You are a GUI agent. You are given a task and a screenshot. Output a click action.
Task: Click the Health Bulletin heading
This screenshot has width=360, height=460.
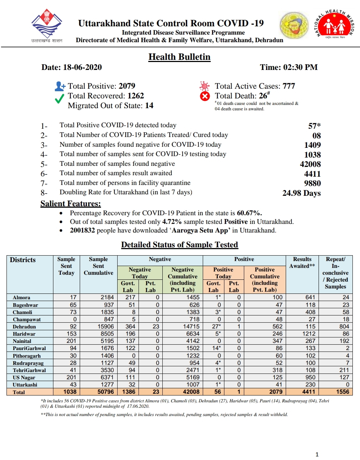(x=179, y=57)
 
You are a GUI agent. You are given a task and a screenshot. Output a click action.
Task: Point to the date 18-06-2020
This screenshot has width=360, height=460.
(x=82, y=67)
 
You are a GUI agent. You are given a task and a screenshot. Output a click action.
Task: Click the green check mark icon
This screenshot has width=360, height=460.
(x=60, y=98)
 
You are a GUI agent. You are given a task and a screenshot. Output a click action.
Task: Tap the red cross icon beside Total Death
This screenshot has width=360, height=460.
(x=205, y=96)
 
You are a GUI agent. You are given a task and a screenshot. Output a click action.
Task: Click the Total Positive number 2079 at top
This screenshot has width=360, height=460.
(x=127, y=86)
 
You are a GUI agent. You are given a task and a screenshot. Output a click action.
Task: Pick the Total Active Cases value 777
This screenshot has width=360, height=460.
(x=289, y=86)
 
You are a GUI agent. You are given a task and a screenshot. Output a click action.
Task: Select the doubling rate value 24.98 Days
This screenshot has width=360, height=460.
(x=301, y=193)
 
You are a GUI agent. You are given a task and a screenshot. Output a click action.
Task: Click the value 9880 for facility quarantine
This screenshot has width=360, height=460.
(x=312, y=183)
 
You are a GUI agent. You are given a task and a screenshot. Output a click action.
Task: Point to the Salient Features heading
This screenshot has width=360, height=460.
(x=71, y=204)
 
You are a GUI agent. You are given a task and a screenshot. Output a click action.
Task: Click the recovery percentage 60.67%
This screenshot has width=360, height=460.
(x=249, y=213)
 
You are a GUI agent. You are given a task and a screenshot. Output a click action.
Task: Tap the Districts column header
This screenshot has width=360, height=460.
(x=23, y=260)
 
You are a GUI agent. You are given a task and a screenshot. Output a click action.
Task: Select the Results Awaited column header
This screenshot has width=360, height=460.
(x=302, y=262)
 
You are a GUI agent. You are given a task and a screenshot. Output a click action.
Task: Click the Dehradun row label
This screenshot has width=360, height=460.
(x=24, y=327)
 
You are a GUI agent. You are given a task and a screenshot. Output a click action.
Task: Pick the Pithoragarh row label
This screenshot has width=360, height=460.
(x=27, y=356)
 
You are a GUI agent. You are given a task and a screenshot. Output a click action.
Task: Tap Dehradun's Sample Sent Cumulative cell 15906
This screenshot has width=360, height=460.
(x=106, y=327)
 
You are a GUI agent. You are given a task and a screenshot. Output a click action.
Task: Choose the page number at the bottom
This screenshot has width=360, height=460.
(x=317, y=455)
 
